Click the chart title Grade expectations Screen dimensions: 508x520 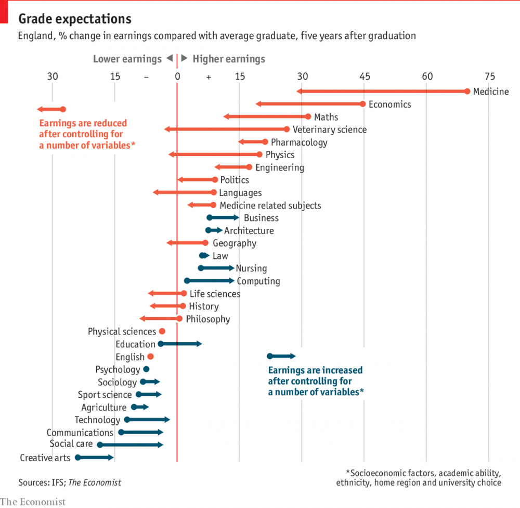point(75,19)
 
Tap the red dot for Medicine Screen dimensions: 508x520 point(467,92)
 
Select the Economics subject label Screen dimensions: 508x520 point(389,105)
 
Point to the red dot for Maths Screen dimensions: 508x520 point(308,117)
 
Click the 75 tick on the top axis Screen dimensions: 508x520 point(489,76)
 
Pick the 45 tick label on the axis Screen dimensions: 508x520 point(365,76)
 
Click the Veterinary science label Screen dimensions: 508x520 point(329,129)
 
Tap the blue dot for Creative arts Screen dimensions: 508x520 point(78,458)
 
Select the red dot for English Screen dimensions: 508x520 point(151,356)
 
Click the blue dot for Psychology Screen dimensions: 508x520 point(146,369)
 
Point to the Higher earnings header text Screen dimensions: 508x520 point(229,59)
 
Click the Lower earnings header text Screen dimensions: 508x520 point(127,59)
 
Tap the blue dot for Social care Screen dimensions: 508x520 point(100,445)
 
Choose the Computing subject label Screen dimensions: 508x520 point(258,281)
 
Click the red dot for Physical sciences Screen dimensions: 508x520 point(162,331)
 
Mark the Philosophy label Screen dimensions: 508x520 point(207,319)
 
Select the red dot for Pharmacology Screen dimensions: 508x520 point(265,142)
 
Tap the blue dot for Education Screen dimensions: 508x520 point(161,344)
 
